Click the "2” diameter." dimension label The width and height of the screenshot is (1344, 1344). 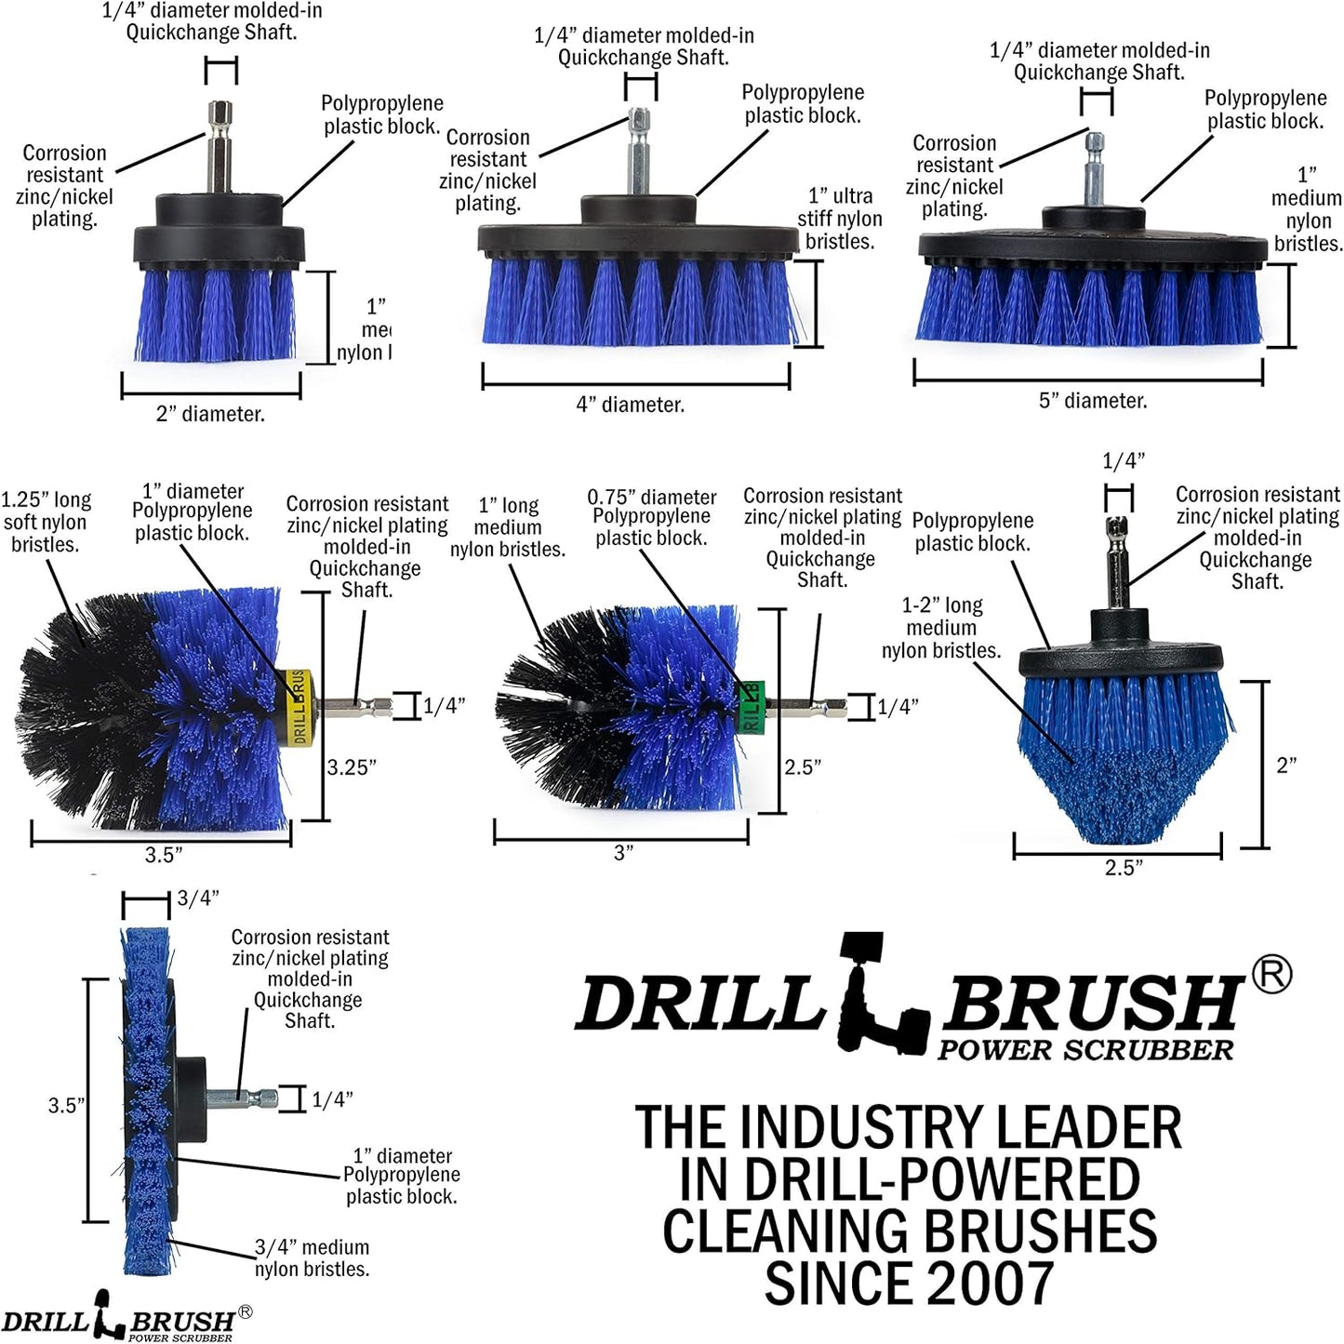point(210,415)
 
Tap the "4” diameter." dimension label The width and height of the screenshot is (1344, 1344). point(631,406)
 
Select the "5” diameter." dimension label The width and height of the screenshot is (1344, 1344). point(1093,401)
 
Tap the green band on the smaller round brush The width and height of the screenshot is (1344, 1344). point(752,706)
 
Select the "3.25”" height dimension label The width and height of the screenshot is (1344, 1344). point(352,767)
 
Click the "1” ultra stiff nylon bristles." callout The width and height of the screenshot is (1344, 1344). point(840,219)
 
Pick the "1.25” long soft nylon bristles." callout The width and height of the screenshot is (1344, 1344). point(46,522)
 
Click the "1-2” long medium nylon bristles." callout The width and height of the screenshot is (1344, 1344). point(941,628)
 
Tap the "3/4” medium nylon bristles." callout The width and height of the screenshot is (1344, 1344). point(312,1258)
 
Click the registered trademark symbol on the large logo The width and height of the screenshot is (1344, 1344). point(1271,976)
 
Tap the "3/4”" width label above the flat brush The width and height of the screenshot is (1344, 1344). point(197,898)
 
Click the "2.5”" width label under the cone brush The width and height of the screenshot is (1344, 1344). point(1124,868)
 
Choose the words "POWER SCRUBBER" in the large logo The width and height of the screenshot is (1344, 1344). point(1085,1050)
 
